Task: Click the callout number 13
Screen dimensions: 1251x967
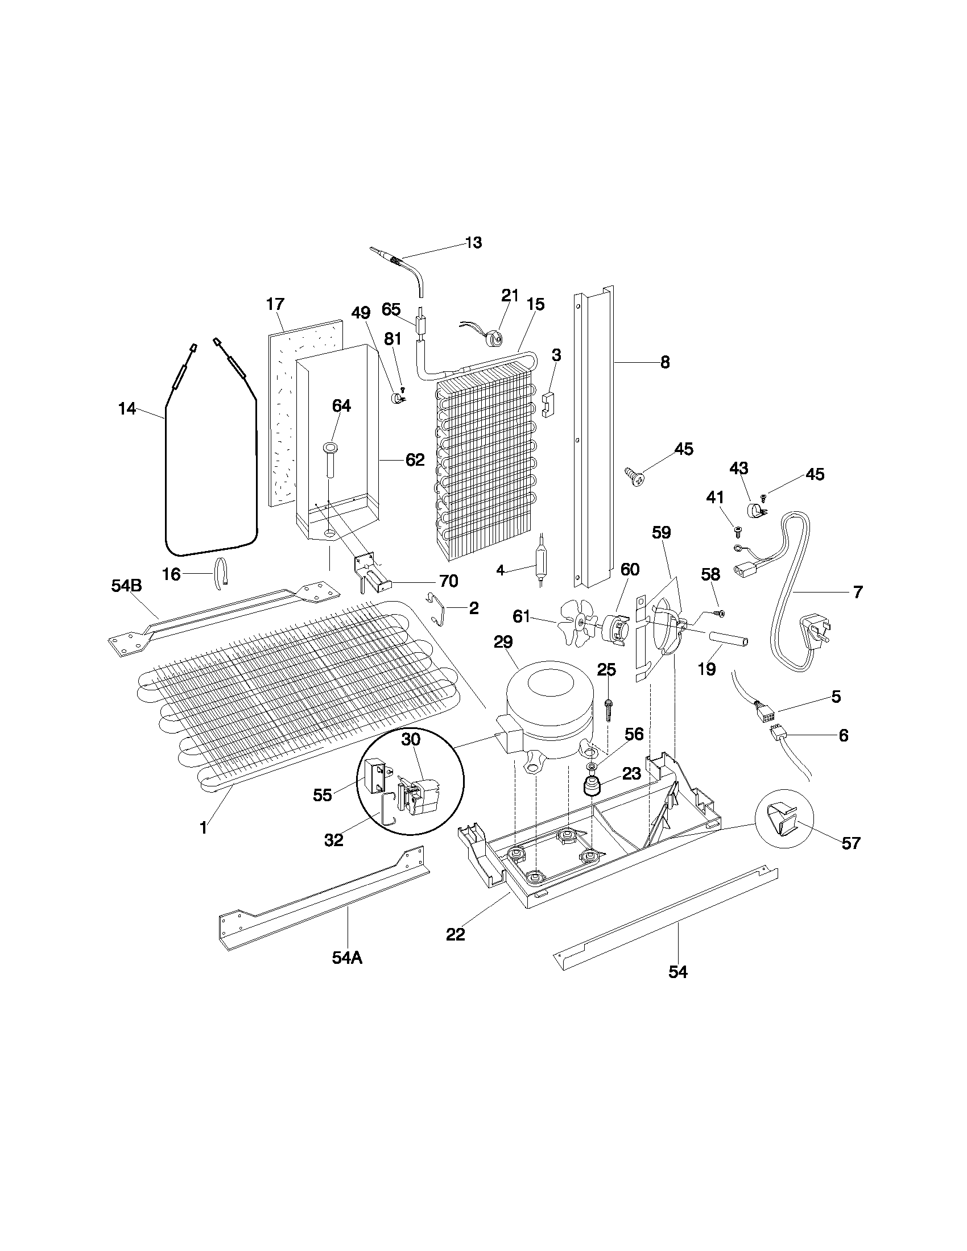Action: tap(474, 242)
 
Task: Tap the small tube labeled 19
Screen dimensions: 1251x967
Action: tap(729, 639)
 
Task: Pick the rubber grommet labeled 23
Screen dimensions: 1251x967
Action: tap(591, 786)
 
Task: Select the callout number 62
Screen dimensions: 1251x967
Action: tap(415, 459)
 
